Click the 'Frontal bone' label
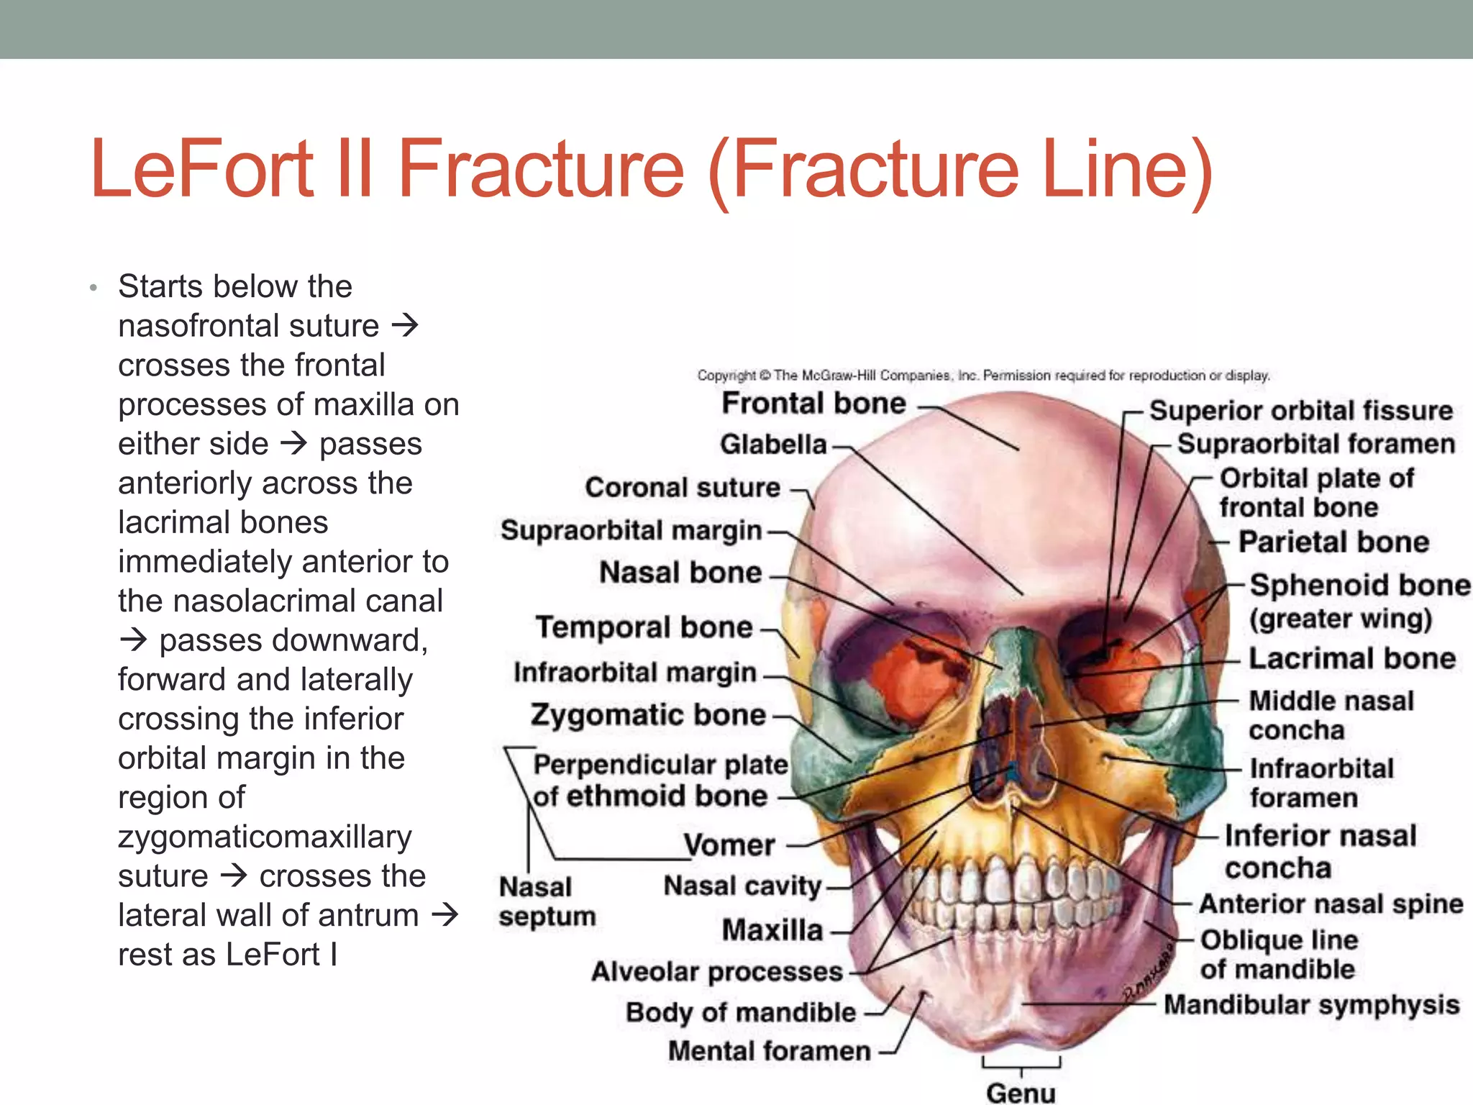pyautogui.click(x=813, y=404)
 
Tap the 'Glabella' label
pyautogui.click(x=773, y=445)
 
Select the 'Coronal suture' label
pyautogui.click(x=682, y=488)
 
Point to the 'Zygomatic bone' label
pyautogui.click(x=648, y=715)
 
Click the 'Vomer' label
pyautogui.click(x=729, y=845)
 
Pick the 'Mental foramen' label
pyautogui.click(x=769, y=1051)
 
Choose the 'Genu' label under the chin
pyautogui.click(x=1021, y=1093)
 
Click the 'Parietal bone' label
pyautogui.click(x=1333, y=542)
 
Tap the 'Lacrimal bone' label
pyautogui.click(x=1351, y=658)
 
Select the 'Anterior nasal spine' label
pyautogui.click(x=1331, y=904)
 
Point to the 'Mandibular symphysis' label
pyautogui.click(x=1311, y=1004)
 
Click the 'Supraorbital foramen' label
pyautogui.click(x=1315, y=444)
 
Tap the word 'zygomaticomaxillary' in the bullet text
pyautogui.click(x=265, y=837)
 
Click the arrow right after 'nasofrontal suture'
pyautogui.click(x=405, y=326)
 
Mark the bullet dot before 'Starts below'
pyautogui.click(x=93, y=288)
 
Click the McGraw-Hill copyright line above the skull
pyautogui.click(x=983, y=376)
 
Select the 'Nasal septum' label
pyautogui.click(x=547, y=901)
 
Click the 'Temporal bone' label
pyautogui.click(x=644, y=627)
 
